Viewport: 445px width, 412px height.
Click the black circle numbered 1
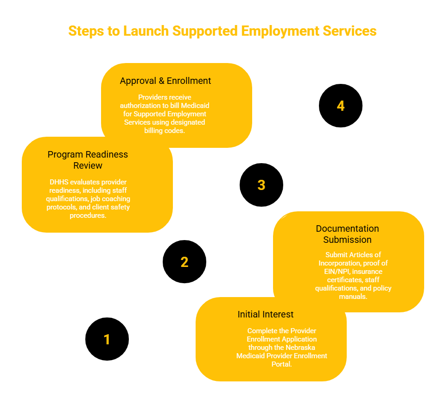(x=107, y=339)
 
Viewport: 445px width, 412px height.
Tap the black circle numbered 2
(x=184, y=262)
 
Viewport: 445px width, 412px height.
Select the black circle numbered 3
(x=261, y=185)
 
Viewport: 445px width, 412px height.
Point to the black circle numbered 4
(x=341, y=106)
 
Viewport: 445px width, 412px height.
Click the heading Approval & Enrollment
(x=165, y=81)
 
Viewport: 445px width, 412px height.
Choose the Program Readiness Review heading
(x=88, y=160)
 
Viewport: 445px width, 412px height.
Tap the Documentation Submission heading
(x=347, y=234)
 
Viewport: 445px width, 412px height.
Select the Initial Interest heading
(x=265, y=314)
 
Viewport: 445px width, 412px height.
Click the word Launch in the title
(x=146, y=31)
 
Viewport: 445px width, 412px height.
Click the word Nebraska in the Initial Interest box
(x=300, y=348)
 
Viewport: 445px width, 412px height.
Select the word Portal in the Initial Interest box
(x=281, y=364)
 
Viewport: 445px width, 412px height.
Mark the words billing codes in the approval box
(x=165, y=131)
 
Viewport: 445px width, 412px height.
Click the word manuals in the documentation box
(x=353, y=297)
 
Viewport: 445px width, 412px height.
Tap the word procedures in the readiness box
(x=88, y=216)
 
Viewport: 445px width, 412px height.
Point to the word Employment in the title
(x=280, y=31)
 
